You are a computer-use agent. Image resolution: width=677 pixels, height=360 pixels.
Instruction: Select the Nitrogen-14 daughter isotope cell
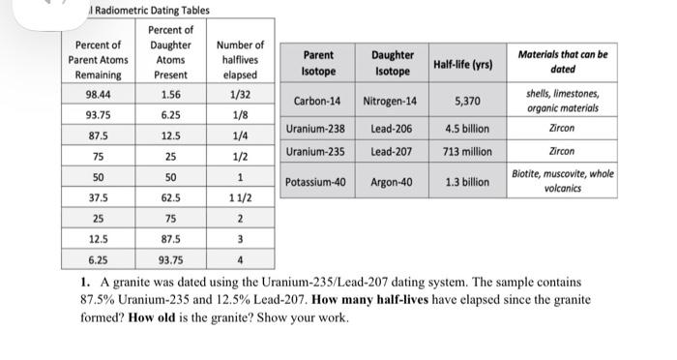[x=390, y=102]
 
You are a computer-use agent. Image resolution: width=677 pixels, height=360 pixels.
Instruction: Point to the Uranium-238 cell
[x=315, y=129]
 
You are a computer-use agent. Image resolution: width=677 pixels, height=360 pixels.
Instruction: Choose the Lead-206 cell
[x=390, y=129]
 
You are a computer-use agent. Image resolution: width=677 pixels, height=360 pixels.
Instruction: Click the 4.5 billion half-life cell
[x=467, y=129]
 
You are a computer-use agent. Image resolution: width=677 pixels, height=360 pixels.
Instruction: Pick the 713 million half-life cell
[x=468, y=152]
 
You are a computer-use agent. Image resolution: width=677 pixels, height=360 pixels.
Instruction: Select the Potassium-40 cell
[x=317, y=182]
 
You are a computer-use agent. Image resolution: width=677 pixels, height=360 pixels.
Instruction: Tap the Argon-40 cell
[x=390, y=182]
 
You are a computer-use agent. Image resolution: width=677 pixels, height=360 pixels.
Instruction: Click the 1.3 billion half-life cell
[x=467, y=182]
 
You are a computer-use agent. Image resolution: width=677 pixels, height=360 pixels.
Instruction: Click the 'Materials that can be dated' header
[x=563, y=62]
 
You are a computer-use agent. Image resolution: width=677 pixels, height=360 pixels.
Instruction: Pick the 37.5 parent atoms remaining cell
[x=98, y=197]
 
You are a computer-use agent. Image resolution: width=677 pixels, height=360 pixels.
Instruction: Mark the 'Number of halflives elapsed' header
[x=240, y=59]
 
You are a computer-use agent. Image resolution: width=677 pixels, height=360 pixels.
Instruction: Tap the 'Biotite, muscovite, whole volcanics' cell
[x=563, y=181]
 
